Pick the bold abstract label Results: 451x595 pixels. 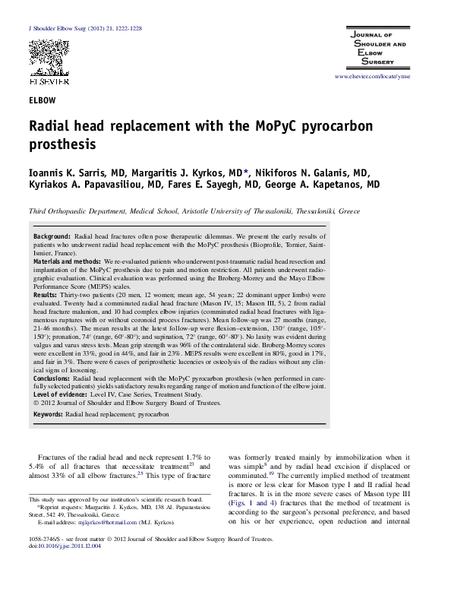(45, 294)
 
